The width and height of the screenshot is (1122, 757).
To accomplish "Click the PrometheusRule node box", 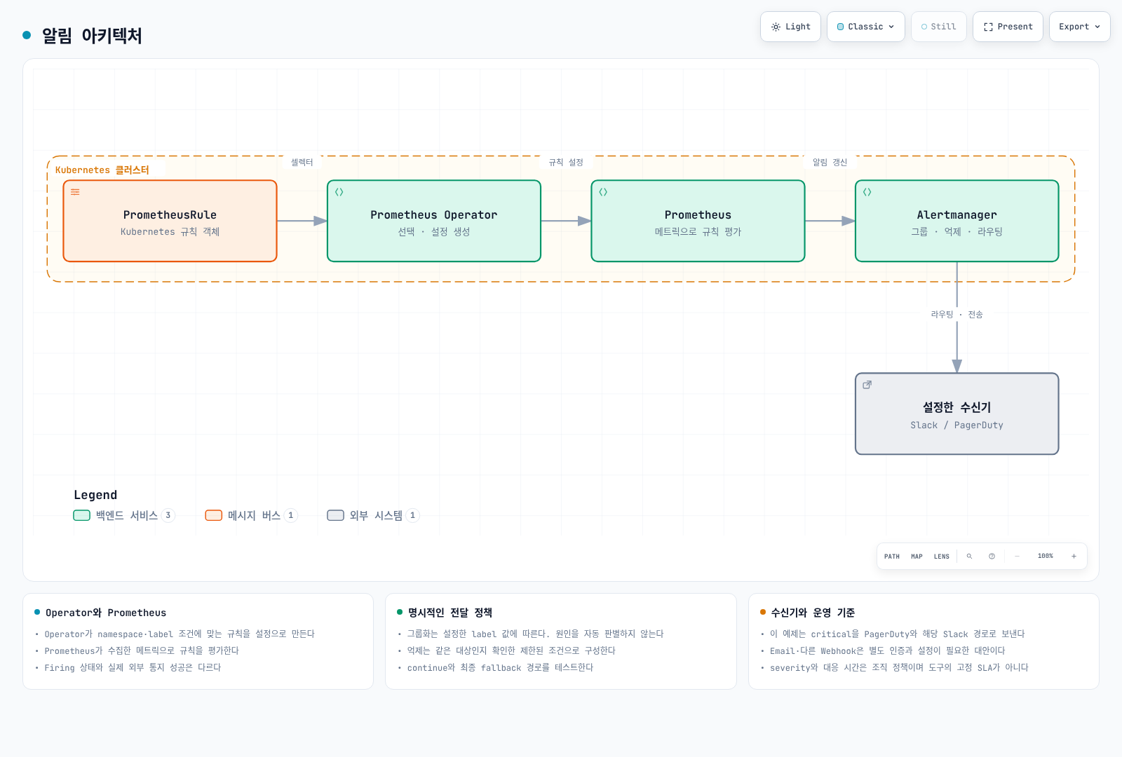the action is tap(170, 221).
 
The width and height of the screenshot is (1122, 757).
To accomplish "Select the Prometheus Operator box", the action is tap(434, 221).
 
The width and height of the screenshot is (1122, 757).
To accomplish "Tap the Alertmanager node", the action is tap(957, 221).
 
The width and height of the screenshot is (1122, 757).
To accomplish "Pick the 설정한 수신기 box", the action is tap(957, 414).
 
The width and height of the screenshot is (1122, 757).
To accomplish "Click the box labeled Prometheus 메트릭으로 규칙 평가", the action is tap(698, 221).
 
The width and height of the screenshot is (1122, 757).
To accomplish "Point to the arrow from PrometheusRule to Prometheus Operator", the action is tap(302, 221).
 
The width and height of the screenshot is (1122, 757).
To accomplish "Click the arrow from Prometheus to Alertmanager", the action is tap(830, 221).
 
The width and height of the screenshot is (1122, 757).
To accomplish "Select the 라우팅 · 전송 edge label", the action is tap(957, 315).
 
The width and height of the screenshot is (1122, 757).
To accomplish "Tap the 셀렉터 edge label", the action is tap(302, 162).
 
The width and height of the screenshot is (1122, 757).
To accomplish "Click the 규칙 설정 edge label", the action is tap(565, 162).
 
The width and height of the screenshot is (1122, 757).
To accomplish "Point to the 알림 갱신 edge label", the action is tap(830, 162).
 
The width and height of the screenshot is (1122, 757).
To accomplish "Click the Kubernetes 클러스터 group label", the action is tap(102, 170).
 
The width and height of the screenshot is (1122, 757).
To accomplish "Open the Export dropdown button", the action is tap(1079, 27).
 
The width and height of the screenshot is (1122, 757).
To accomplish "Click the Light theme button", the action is tap(790, 27).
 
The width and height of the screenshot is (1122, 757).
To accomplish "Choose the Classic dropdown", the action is tap(865, 27).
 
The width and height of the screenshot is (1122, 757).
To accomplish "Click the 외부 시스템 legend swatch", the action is tap(336, 515).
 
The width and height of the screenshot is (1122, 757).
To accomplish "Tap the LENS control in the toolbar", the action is tap(941, 557).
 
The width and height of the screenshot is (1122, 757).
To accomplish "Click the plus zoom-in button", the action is tap(1074, 557).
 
